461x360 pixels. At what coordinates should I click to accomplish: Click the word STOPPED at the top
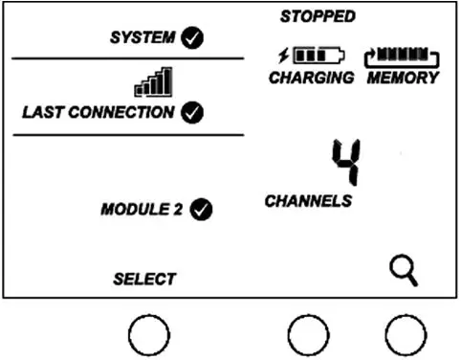(318, 16)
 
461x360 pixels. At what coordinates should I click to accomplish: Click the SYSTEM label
(143, 38)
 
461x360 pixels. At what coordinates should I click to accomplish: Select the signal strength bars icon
(153, 82)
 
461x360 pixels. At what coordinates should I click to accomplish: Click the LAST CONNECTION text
(99, 112)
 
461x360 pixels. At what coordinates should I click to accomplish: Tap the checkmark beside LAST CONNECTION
(191, 112)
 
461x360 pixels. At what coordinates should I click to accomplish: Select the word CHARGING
(312, 78)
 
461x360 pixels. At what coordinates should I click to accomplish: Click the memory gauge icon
(402, 56)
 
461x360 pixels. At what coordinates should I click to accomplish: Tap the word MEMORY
(403, 78)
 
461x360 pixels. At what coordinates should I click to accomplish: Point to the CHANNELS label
(308, 201)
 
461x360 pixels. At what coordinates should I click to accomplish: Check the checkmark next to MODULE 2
(201, 209)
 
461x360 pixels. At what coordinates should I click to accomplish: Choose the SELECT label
(144, 279)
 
